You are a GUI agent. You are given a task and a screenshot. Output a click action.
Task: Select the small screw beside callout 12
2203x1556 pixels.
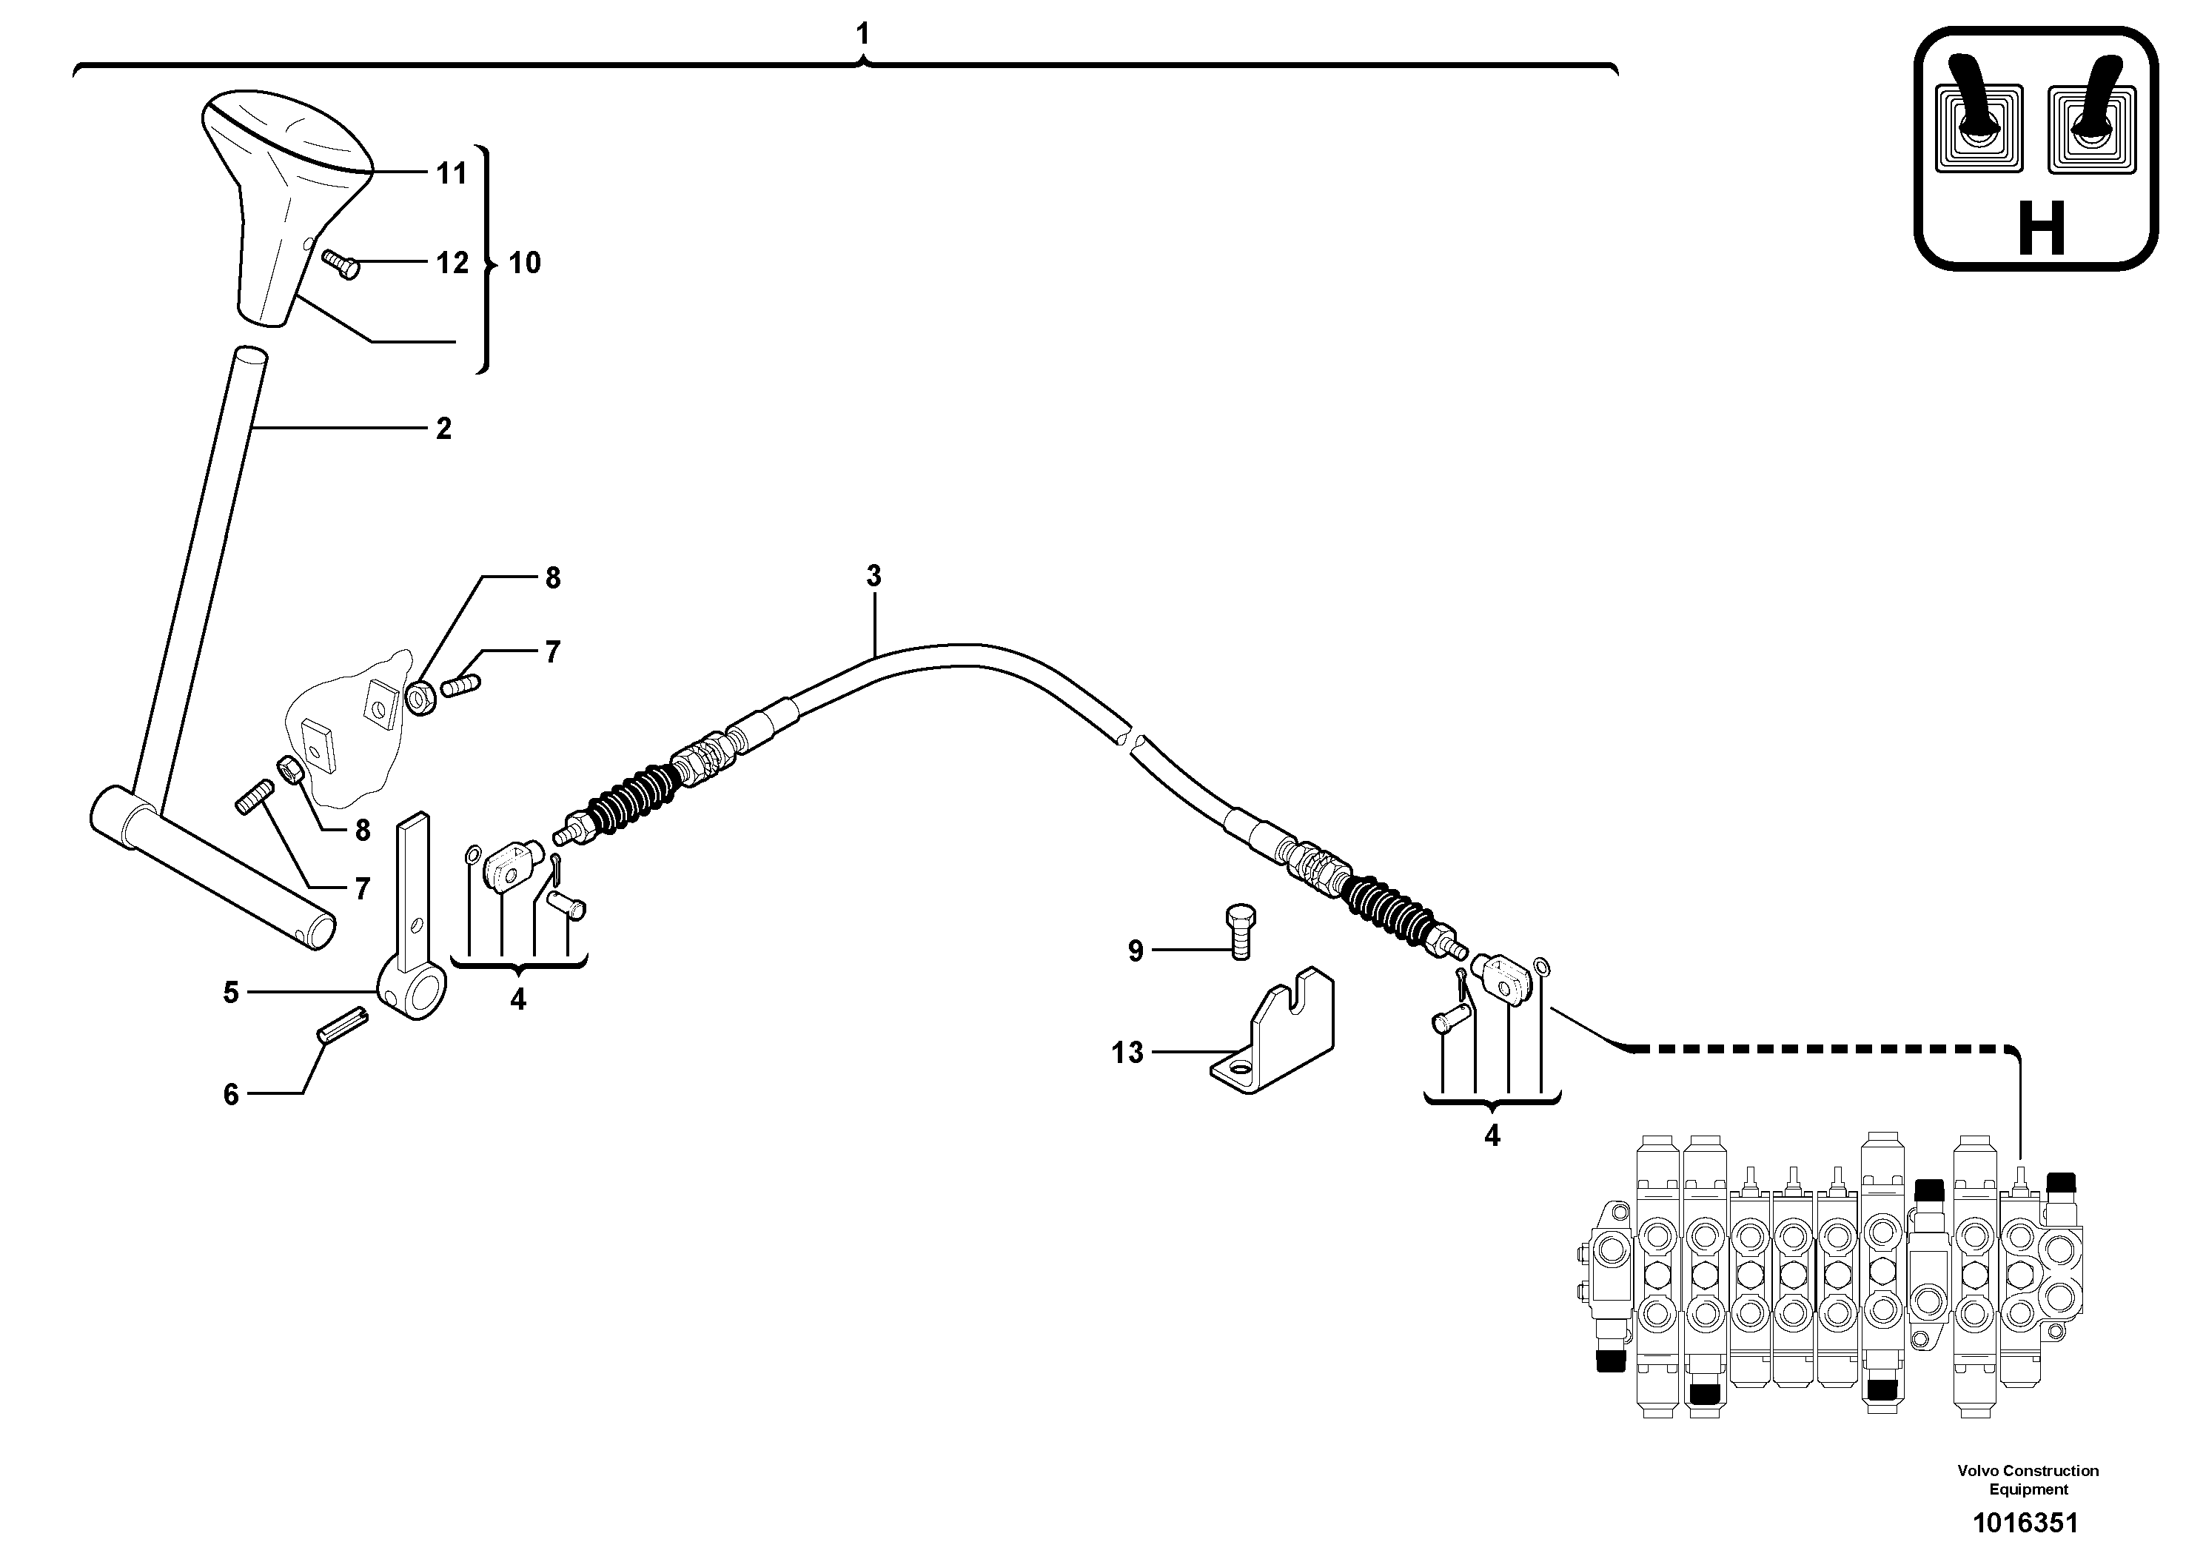point(341,263)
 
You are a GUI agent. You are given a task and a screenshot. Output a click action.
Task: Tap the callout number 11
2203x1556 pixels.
point(451,174)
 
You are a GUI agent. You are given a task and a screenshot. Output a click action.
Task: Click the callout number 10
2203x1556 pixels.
point(524,263)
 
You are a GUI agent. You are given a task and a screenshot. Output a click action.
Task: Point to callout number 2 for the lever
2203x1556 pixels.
point(443,429)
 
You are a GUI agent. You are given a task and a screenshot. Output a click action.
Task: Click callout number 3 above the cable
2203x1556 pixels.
point(874,577)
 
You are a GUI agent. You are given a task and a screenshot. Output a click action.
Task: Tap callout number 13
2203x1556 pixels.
point(1127,1053)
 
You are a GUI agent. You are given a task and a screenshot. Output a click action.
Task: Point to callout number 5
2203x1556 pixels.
point(231,993)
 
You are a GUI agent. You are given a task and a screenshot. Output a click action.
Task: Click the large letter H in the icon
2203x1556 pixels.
point(2041,230)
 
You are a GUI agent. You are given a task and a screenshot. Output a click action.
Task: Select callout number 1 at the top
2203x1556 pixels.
point(862,35)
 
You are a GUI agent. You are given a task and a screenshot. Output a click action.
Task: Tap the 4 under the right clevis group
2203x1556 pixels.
point(1492,1136)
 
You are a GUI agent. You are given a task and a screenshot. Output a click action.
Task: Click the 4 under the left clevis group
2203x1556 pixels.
point(518,999)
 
